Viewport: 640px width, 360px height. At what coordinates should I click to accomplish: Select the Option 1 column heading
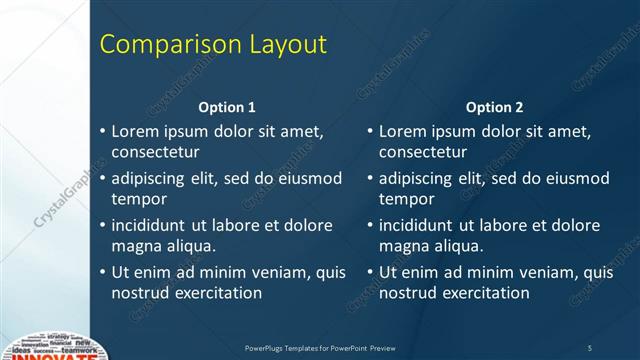tap(227, 107)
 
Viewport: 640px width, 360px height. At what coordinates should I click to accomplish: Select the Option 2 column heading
tap(494, 107)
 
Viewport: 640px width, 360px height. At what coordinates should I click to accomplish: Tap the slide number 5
tap(589, 347)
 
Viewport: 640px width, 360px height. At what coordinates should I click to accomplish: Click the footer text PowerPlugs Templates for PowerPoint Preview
tap(320, 347)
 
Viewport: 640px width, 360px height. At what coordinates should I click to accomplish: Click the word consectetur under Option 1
tap(155, 152)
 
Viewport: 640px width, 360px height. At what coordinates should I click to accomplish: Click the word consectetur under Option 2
tap(423, 152)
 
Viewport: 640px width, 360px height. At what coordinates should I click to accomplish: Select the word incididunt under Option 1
tap(152, 225)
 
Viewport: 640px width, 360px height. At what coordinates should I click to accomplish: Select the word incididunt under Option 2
tap(419, 225)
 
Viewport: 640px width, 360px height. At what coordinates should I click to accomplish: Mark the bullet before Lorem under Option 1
tap(103, 131)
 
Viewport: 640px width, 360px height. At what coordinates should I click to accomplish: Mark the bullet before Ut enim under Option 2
tap(370, 272)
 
